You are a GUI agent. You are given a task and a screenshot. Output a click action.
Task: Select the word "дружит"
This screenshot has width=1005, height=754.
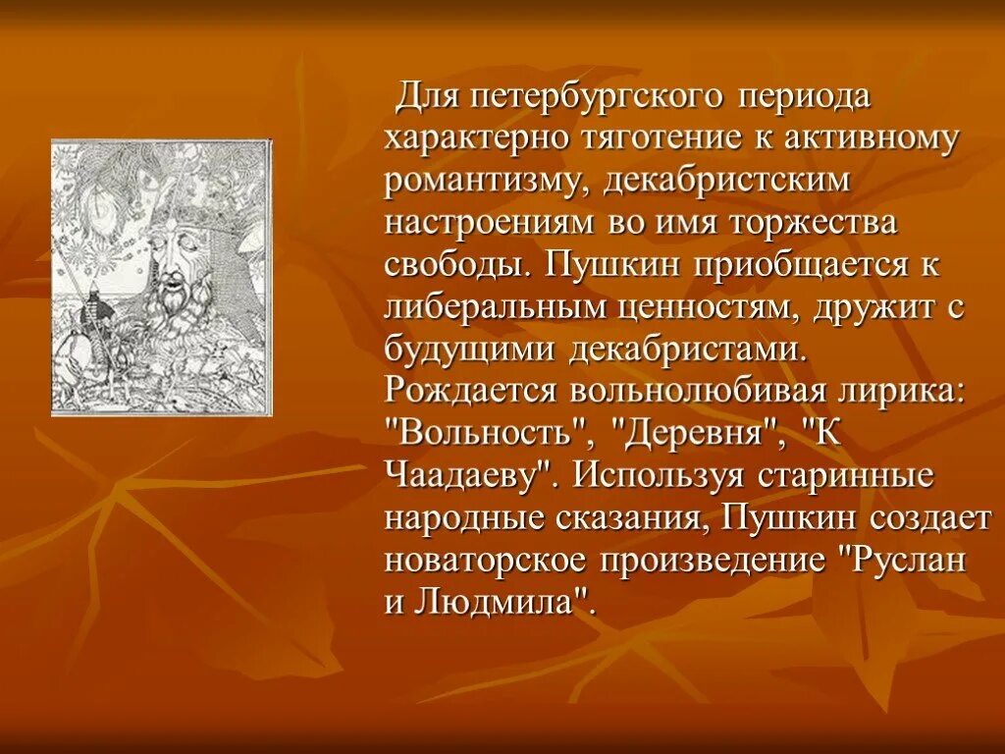pyautogui.click(x=873, y=307)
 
